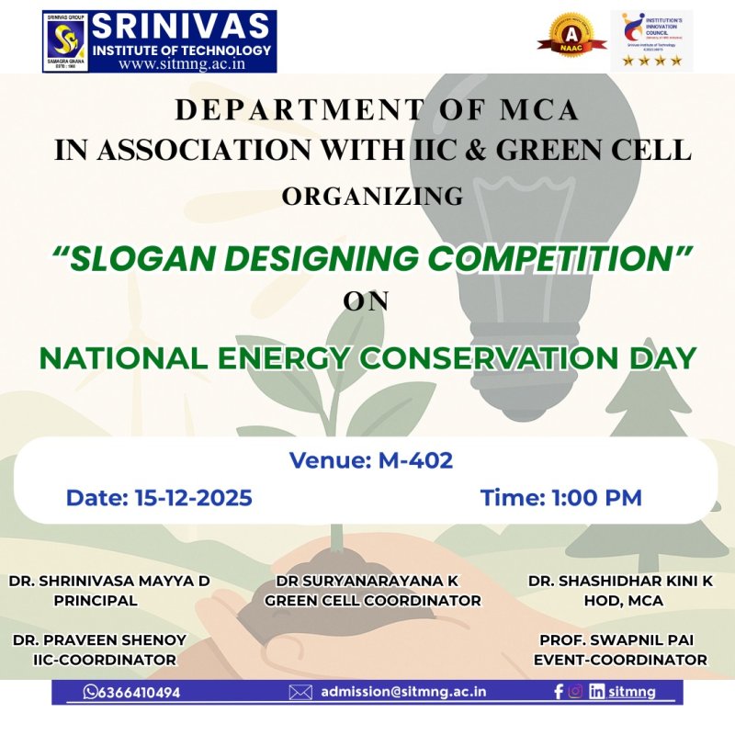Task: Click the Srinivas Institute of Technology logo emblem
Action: click(66, 40)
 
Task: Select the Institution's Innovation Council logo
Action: click(651, 40)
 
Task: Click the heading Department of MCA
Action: click(377, 110)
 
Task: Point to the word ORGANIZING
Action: click(372, 197)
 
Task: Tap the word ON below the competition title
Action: click(366, 301)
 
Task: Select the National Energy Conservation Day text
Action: click(367, 357)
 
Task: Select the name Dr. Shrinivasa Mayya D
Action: click(109, 581)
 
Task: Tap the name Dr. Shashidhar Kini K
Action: click(620, 581)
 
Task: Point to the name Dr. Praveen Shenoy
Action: click(100, 639)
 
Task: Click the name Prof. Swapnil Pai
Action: click(620, 639)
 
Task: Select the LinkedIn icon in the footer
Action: click(596, 692)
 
